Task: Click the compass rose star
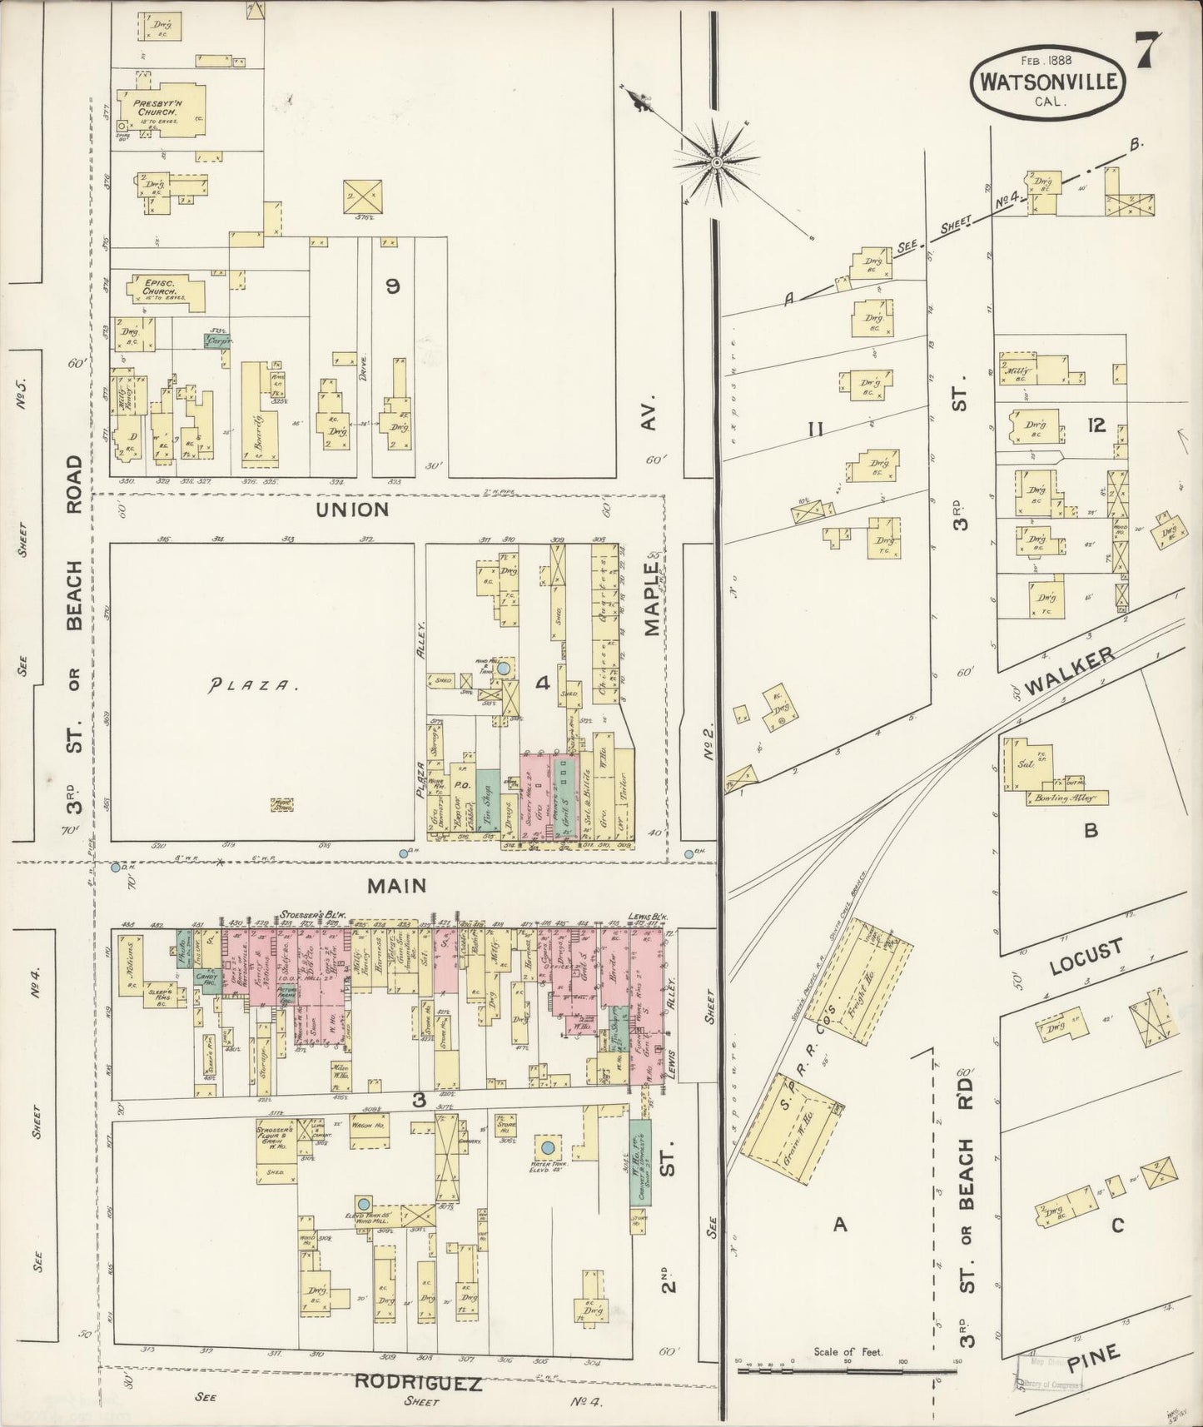[716, 162]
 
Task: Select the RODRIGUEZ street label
[418, 1384]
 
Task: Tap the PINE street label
[1096, 1363]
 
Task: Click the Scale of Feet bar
[846, 1370]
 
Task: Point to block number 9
[391, 286]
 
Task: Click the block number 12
[1096, 425]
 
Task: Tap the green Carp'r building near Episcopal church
[218, 340]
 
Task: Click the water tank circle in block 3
[547, 1148]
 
